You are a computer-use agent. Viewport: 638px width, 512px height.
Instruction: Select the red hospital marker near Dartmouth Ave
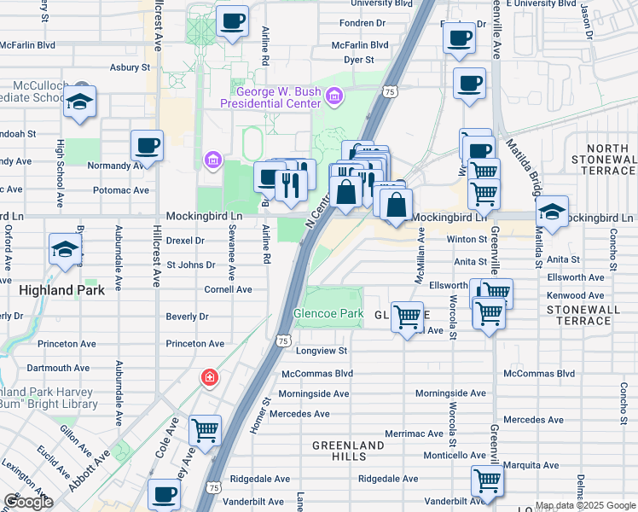pyautogui.click(x=209, y=376)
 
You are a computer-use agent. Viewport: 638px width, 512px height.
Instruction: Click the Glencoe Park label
pyautogui.click(x=329, y=314)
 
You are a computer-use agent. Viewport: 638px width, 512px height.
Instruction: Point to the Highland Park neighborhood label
pyautogui.click(x=62, y=290)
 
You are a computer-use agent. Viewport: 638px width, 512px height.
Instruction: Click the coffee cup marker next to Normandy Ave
pyautogui.click(x=147, y=145)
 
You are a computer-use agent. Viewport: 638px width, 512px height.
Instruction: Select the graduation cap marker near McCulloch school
pyautogui.click(x=80, y=101)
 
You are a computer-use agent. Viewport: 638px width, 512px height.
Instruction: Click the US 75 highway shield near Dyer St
pyautogui.click(x=389, y=90)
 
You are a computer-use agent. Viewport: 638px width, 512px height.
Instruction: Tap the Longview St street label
pyautogui.click(x=322, y=351)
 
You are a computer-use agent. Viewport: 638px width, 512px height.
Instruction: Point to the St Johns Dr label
pyautogui.click(x=190, y=265)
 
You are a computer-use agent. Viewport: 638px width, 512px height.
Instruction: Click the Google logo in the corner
pyautogui.click(x=28, y=502)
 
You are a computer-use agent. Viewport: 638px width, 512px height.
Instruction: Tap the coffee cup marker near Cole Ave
pyautogui.click(x=164, y=493)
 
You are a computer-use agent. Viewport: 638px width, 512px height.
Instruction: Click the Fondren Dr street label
pyautogui.click(x=362, y=23)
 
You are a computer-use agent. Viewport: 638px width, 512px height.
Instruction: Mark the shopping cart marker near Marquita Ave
pyautogui.click(x=486, y=480)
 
